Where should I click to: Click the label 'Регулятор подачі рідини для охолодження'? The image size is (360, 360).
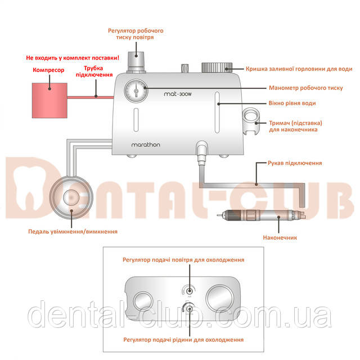coord(184,340)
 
